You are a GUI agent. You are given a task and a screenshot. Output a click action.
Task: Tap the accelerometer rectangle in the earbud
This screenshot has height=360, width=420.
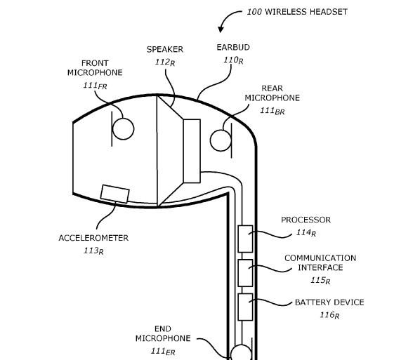tap(115, 194)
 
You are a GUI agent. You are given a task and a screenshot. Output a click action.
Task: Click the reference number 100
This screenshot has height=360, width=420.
tap(254, 12)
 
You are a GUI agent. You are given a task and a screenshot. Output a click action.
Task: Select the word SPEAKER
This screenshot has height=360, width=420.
tap(165, 50)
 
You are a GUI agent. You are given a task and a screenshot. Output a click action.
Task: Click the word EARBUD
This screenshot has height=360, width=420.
tap(233, 48)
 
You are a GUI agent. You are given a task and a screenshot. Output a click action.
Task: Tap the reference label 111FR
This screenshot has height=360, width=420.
tap(95, 86)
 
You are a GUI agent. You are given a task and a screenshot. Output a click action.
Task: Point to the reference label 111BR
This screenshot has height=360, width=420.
tap(272, 111)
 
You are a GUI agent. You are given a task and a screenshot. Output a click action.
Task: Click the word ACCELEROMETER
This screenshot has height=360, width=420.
tap(93, 238)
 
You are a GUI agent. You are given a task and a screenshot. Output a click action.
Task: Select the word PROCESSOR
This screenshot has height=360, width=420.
tap(306, 220)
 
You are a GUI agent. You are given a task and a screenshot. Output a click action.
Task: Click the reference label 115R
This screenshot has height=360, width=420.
tap(320, 280)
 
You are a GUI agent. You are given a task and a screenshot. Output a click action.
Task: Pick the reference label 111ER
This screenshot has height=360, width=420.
tap(163, 351)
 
